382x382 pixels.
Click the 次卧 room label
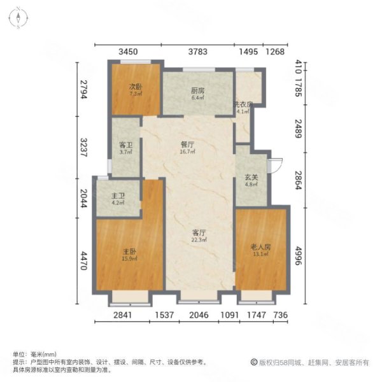(x=134, y=87)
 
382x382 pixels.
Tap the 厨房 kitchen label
(x=197, y=90)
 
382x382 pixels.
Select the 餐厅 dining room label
(x=187, y=143)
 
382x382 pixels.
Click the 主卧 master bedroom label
(x=127, y=250)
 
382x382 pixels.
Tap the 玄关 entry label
(x=251, y=178)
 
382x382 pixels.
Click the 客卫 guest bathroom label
(x=125, y=145)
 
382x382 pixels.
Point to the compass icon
(x=19, y=17)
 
